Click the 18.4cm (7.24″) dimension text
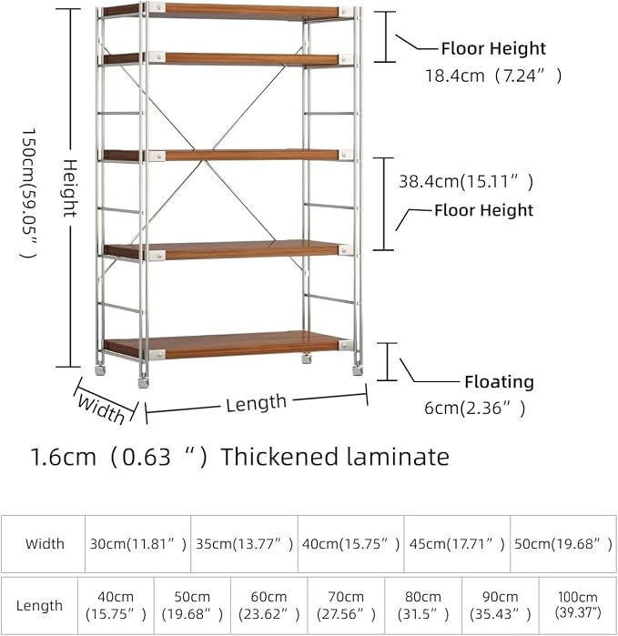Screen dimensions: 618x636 click(x=493, y=76)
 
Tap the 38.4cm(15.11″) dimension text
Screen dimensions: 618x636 click(x=466, y=181)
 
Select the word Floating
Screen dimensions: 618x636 click(x=499, y=381)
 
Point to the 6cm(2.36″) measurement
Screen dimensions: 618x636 click(x=475, y=408)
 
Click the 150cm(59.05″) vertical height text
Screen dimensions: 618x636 click(x=29, y=193)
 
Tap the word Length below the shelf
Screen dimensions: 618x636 click(x=256, y=403)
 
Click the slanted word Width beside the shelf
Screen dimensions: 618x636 click(x=101, y=409)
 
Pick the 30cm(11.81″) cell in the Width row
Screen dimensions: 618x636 click(x=138, y=544)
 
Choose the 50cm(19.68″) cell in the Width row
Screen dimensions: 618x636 click(x=563, y=544)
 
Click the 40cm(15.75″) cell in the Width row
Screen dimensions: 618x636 click(x=351, y=544)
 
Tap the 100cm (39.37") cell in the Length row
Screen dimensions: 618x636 click(x=577, y=605)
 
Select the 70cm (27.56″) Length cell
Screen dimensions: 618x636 click(x=346, y=606)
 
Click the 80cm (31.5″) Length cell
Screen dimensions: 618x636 click(x=423, y=606)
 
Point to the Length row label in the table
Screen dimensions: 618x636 click(x=39, y=606)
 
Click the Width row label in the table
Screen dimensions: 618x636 click(x=45, y=543)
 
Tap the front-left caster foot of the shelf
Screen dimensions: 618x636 click(x=143, y=382)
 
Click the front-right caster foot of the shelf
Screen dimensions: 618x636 click(x=358, y=370)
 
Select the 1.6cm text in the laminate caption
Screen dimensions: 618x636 click(x=64, y=457)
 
